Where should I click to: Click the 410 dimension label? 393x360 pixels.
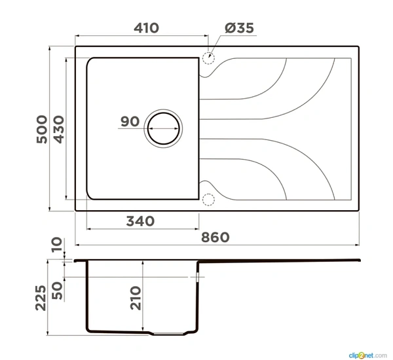point(146,27)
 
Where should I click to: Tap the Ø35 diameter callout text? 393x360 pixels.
point(239,27)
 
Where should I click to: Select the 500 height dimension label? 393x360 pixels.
point(42,129)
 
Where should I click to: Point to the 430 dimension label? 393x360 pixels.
point(59,129)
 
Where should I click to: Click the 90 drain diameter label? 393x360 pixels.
point(130,122)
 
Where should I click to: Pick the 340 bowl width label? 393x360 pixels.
point(140,221)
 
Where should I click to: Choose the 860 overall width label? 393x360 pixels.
point(215,238)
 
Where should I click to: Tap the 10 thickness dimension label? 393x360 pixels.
point(56,245)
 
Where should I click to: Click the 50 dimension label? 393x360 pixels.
point(57,291)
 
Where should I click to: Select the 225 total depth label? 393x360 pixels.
point(41,298)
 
